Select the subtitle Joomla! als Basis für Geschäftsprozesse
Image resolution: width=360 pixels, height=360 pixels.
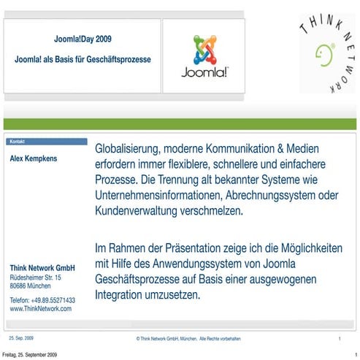[x=83, y=58]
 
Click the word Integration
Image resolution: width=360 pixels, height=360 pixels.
[x=123, y=295]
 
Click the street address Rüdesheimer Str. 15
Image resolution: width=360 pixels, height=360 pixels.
[x=35, y=278]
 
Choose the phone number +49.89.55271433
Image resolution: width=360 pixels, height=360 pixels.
[x=53, y=300]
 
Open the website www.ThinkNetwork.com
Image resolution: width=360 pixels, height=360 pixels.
[x=40, y=309]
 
